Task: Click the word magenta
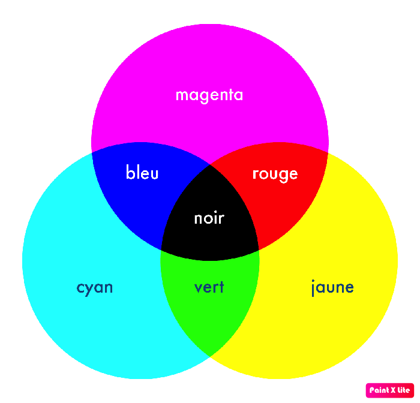click(x=209, y=95)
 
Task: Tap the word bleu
click(x=142, y=172)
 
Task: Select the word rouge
click(x=275, y=175)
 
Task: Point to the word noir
click(x=209, y=218)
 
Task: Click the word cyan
click(x=95, y=288)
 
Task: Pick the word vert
click(x=209, y=287)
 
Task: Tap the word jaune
click(x=332, y=288)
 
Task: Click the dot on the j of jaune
click(x=313, y=281)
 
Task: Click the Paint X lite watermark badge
click(x=390, y=390)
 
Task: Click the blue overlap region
click(x=139, y=193)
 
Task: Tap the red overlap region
click(x=281, y=193)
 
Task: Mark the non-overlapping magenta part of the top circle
click(x=210, y=67)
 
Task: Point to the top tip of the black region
click(x=210, y=165)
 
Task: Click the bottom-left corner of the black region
click(x=161, y=250)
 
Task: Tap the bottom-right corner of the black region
click(x=259, y=250)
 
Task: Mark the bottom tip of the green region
click(x=210, y=356)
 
